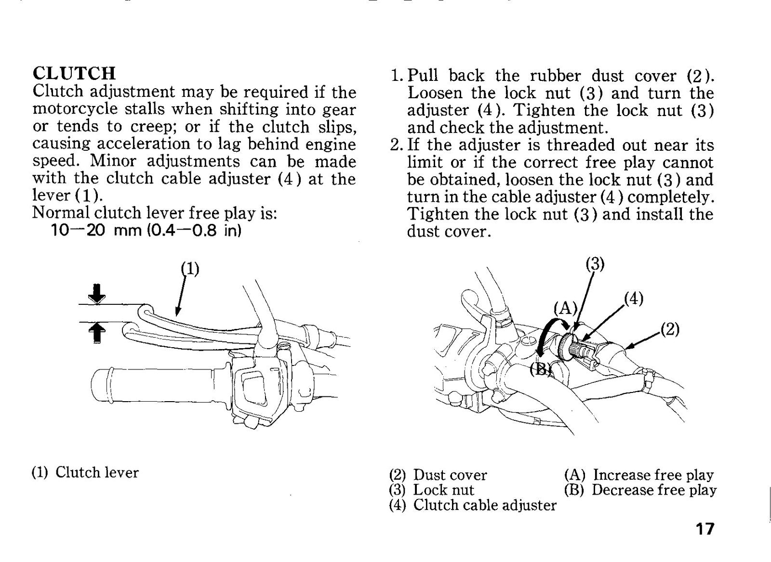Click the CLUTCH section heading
point(74,73)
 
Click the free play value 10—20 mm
point(96,230)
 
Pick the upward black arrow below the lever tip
point(97,332)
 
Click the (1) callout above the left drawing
point(190,269)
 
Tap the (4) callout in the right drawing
point(634,299)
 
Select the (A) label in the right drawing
point(566,308)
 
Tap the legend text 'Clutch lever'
point(97,472)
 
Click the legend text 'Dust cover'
point(450,475)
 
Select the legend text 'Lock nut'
point(444,490)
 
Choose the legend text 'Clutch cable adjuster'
point(485,505)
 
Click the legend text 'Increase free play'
point(653,475)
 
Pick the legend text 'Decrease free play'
point(654,490)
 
